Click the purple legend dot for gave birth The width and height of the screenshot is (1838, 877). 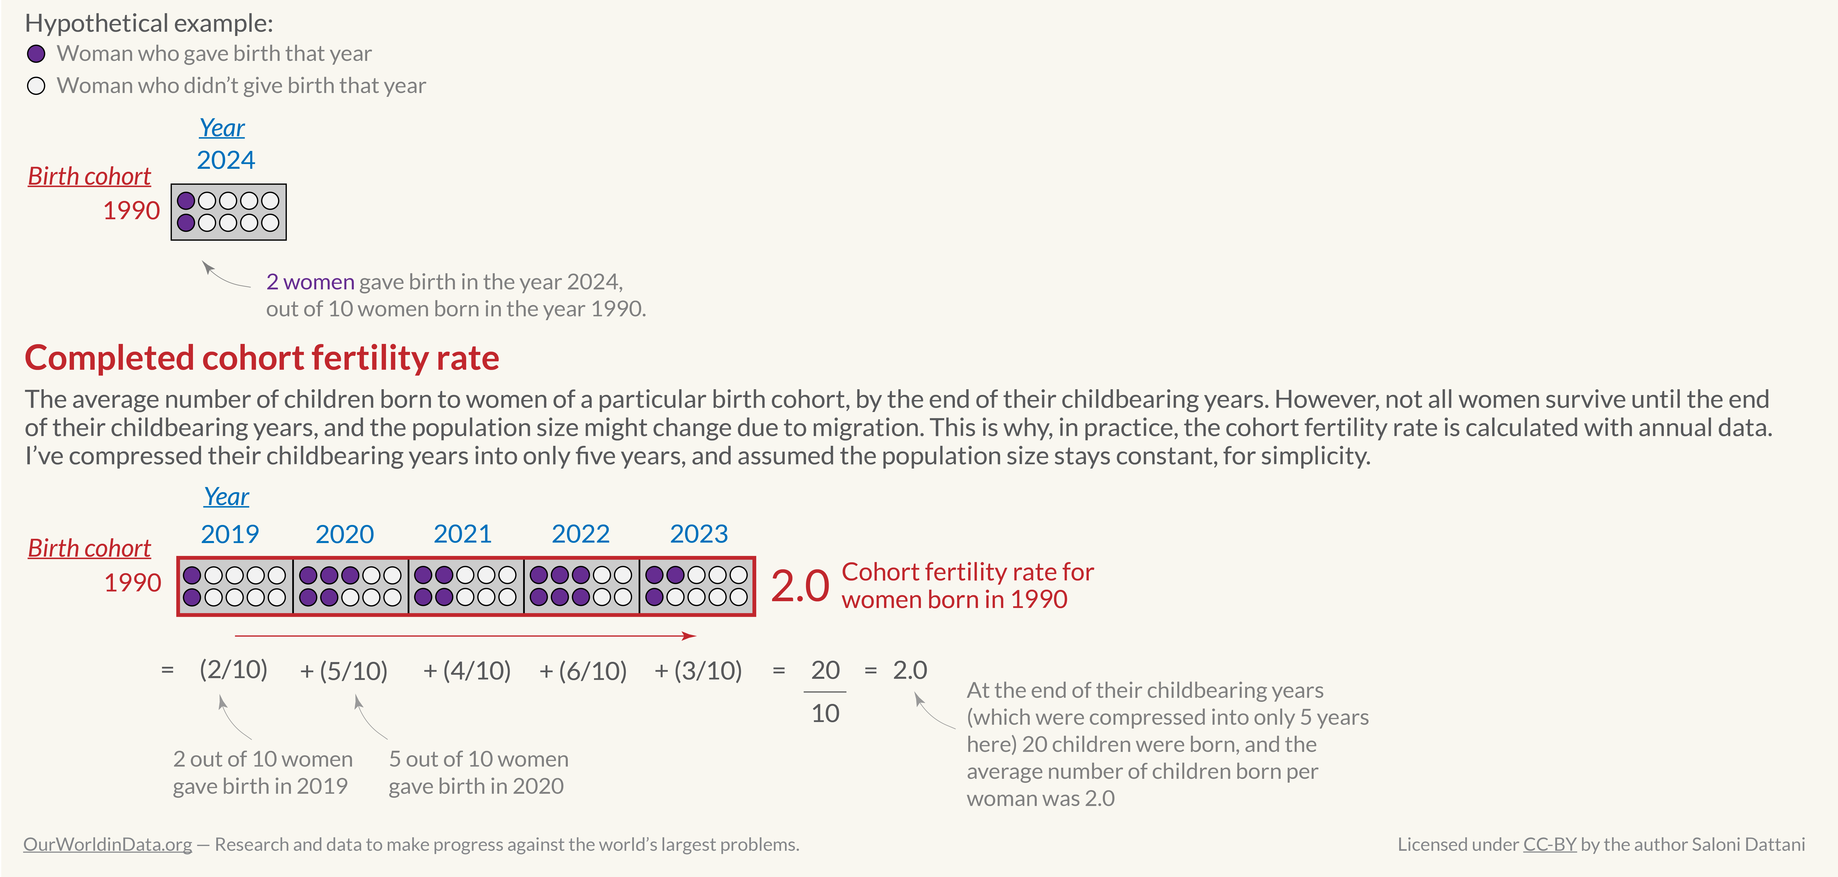pos(36,54)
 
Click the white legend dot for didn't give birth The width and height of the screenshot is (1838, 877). pos(36,86)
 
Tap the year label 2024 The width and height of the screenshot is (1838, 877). pos(226,160)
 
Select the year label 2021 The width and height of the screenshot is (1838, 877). pos(462,534)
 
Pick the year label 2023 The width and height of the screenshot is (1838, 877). pos(699,534)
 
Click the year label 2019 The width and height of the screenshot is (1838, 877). pos(230,534)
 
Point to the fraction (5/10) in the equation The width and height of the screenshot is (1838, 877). pos(353,671)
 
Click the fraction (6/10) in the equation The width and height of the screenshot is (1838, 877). pos(592,671)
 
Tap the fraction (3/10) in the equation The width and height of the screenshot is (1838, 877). pos(708,671)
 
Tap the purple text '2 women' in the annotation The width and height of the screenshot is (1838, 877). pos(310,282)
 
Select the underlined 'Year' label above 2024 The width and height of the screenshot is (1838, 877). pos(222,128)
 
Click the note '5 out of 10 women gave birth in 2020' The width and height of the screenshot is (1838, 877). pos(478,772)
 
